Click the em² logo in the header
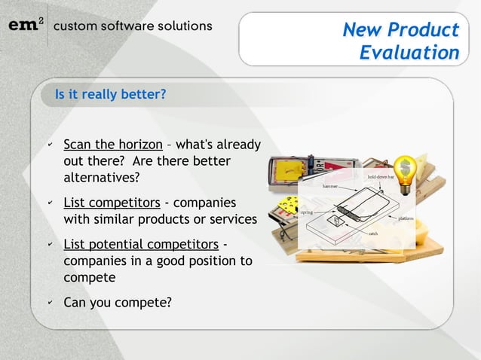[x=26, y=25]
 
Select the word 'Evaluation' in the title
[x=409, y=53]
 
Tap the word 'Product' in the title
[x=424, y=29]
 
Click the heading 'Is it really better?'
[x=109, y=95]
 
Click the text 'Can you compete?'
[x=117, y=303]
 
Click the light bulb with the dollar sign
[x=406, y=175]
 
